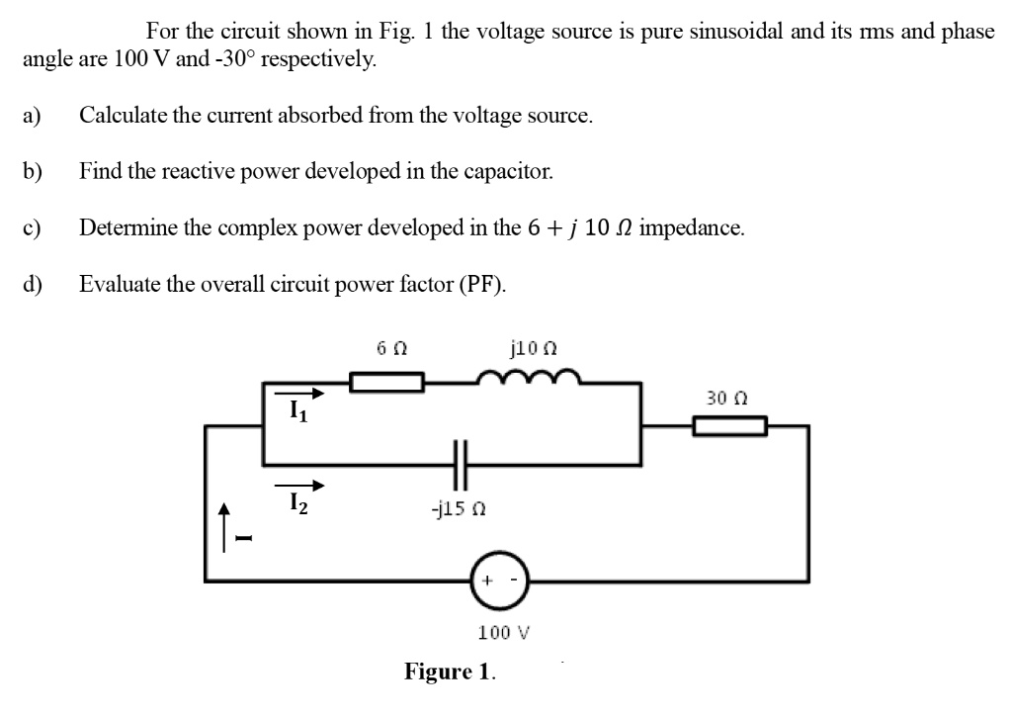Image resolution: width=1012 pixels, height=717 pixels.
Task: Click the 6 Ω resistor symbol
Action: tap(388, 382)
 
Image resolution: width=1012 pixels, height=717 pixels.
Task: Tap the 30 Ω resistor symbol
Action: tap(729, 426)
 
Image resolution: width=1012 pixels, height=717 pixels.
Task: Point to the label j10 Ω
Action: tap(534, 348)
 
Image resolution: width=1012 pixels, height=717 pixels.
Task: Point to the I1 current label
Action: tap(296, 411)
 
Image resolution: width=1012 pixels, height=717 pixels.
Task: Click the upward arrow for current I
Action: tap(225, 524)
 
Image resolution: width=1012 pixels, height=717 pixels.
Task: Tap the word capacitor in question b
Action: tap(510, 171)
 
